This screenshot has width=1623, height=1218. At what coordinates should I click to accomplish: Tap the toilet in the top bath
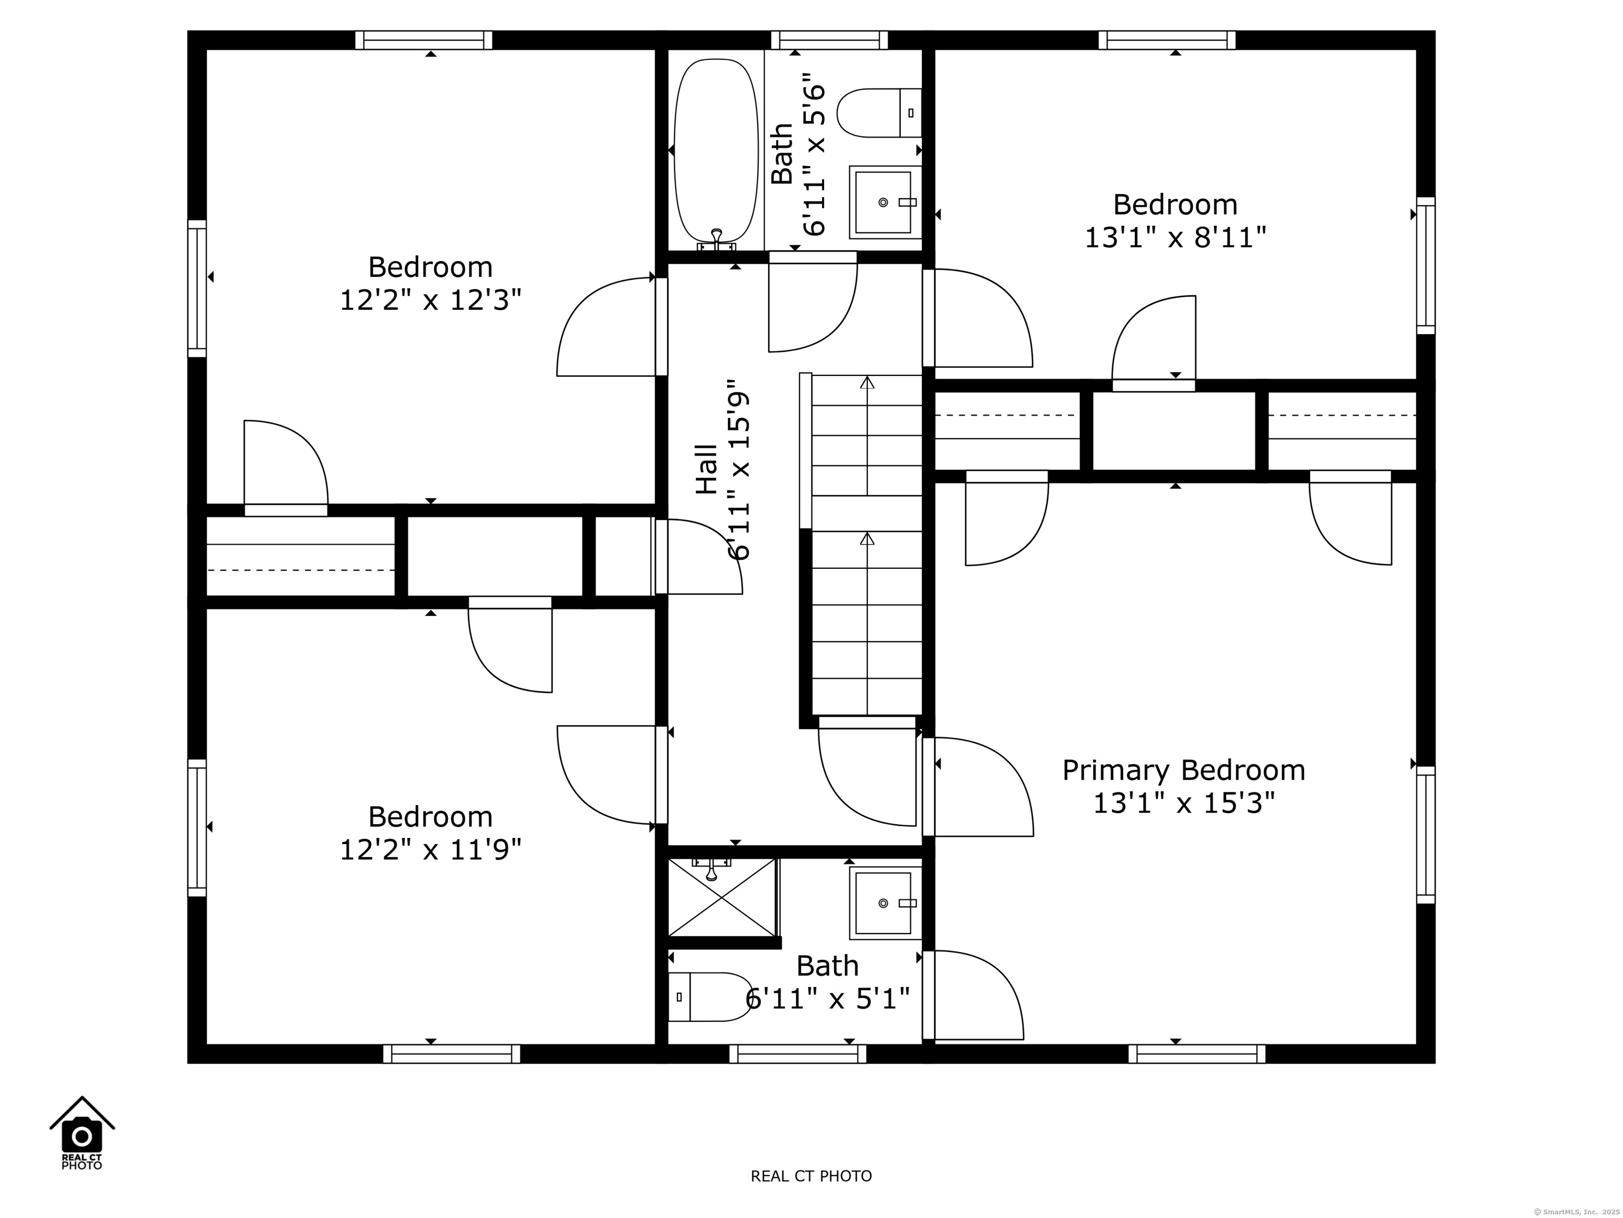click(879, 113)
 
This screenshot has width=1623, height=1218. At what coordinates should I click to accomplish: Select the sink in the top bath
click(884, 202)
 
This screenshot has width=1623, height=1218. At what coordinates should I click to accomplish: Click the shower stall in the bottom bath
click(723, 897)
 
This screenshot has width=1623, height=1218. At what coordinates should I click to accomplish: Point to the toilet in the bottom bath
click(710, 997)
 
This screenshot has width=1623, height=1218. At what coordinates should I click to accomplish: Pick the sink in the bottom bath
click(884, 903)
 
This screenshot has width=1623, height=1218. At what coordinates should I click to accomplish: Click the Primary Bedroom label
click(1183, 770)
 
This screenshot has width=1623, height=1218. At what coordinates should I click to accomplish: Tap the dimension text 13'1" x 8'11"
click(1176, 237)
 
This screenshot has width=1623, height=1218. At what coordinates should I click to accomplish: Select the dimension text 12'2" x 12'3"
click(430, 300)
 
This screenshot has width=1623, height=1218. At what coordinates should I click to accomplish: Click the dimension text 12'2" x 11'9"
click(430, 850)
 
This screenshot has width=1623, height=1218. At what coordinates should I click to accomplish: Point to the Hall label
click(706, 468)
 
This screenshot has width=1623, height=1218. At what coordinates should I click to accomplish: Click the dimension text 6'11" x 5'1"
click(828, 999)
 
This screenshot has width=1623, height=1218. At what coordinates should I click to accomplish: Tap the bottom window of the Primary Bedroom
click(1197, 1054)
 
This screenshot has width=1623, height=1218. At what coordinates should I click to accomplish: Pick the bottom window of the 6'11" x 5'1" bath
click(798, 1054)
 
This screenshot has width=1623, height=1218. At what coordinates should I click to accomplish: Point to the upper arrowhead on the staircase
click(868, 382)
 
